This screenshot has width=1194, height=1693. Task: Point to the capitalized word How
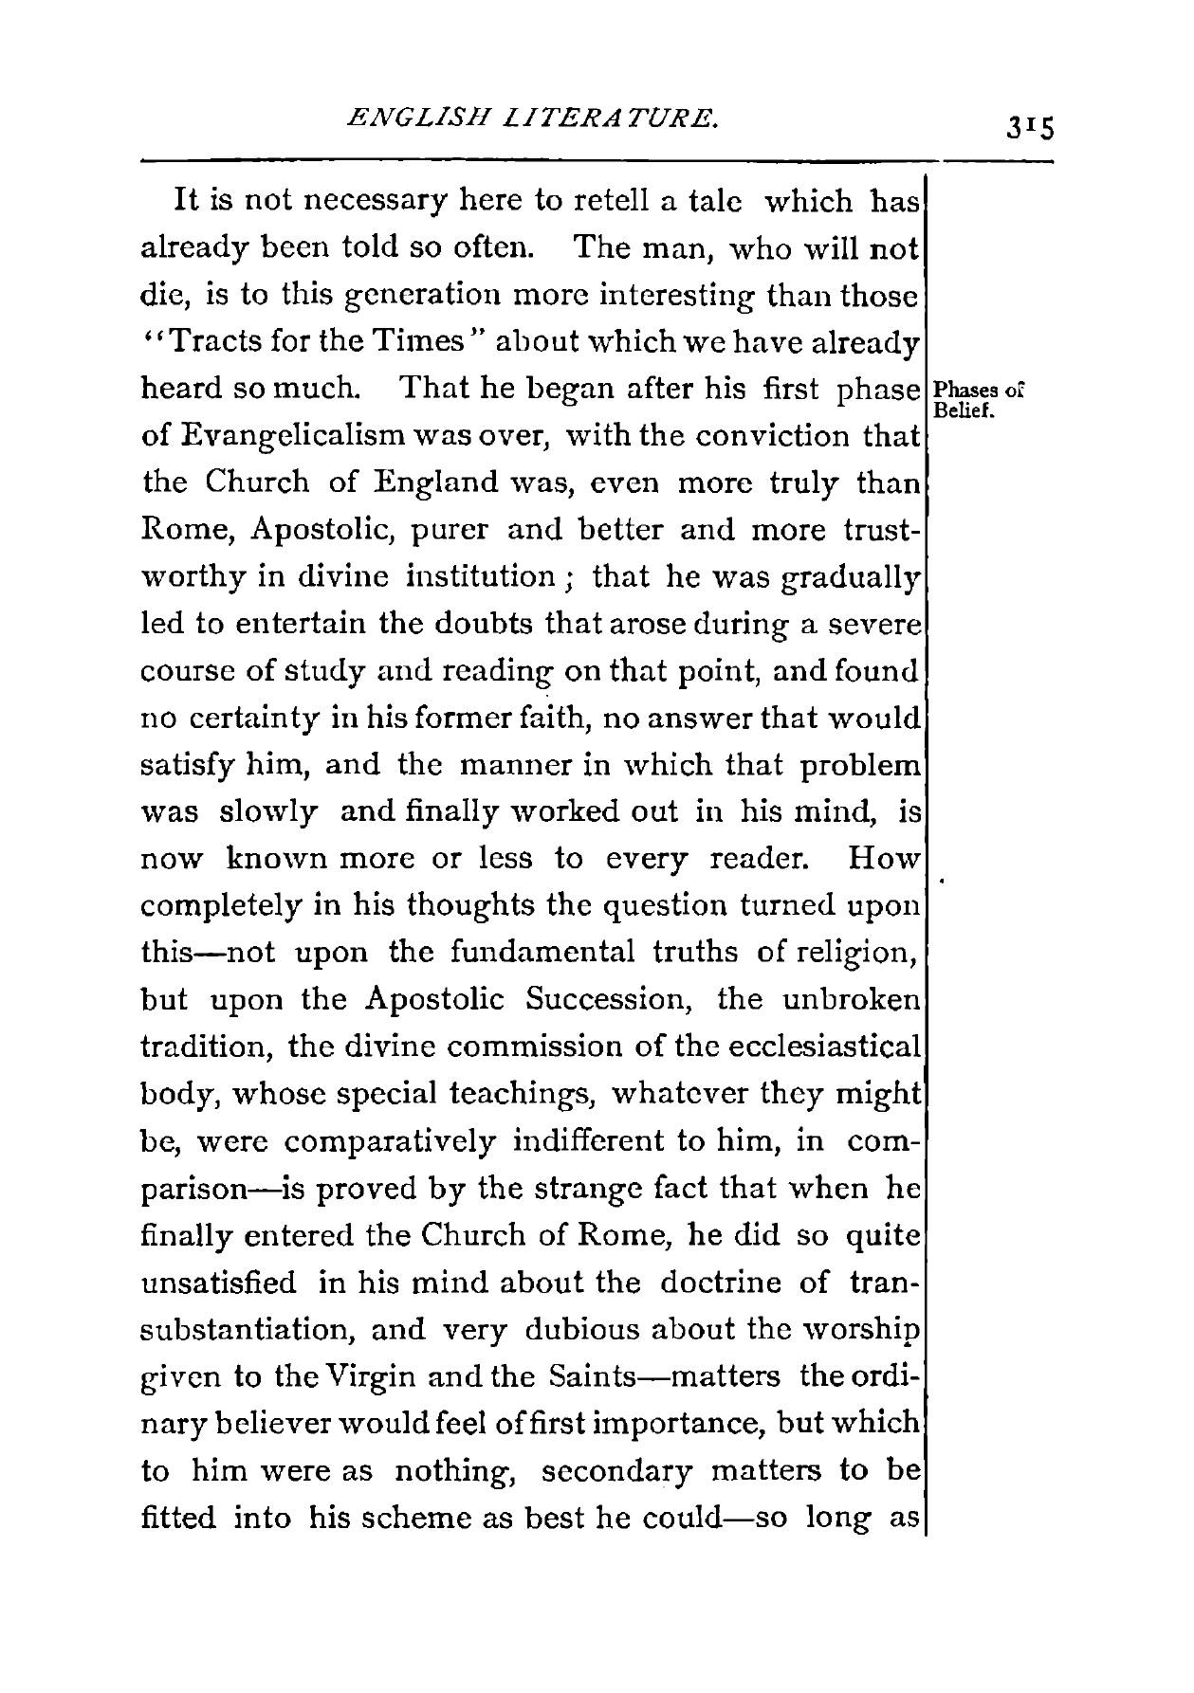tap(884, 860)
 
